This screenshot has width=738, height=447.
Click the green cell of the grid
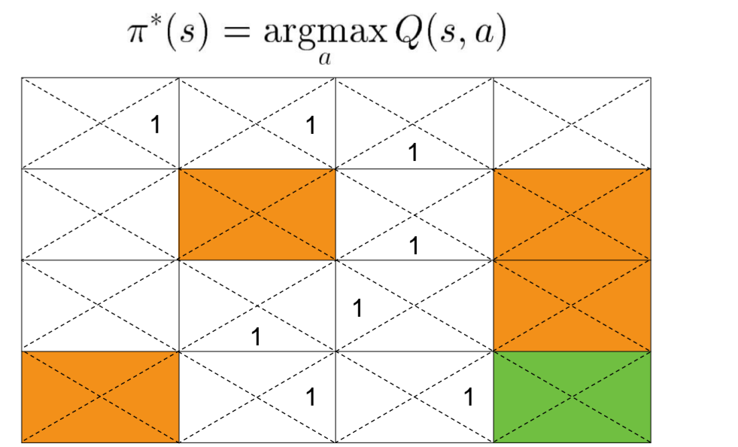[572, 397]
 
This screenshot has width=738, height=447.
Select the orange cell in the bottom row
[100, 397]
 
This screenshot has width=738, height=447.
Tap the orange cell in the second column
[257, 214]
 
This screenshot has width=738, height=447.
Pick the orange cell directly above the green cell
[572, 306]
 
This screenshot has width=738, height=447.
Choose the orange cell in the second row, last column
[572, 214]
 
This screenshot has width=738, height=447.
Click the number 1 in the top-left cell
[156, 124]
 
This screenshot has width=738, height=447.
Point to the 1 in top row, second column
[310, 125]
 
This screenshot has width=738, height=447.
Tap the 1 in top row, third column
[412, 153]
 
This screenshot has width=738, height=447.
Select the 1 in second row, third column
[413, 245]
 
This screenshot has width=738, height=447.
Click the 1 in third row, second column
[256, 336]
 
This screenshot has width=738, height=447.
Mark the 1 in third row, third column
[358, 308]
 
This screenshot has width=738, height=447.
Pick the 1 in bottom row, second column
[310, 397]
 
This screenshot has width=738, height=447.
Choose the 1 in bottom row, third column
[468, 397]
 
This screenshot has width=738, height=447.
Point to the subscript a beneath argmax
[325, 61]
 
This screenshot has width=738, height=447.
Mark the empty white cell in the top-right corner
[572, 123]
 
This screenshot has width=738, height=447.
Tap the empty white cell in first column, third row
[100, 306]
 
